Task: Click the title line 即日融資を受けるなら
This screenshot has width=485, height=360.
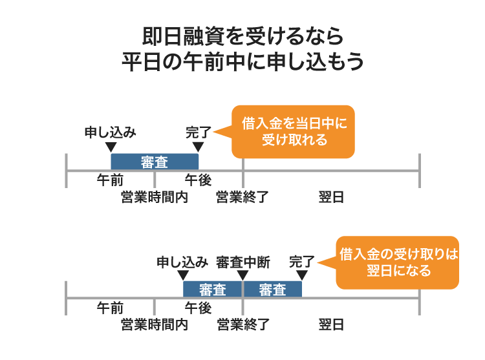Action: click(242, 36)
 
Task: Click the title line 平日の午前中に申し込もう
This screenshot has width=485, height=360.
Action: click(242, 63)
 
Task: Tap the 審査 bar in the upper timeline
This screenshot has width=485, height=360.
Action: click(155, 162)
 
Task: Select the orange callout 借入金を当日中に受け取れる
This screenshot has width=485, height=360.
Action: click(294, 131)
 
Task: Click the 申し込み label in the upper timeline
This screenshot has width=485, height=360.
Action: click(111, 132)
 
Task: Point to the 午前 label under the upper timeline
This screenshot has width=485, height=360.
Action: click(110, 180)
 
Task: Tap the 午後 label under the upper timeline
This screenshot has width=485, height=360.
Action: click(198, 180)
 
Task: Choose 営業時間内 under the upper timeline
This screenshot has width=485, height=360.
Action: click(154, 198)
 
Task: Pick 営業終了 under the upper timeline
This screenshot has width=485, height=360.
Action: click(242, 198)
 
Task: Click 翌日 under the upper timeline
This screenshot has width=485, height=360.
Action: click(331, 198)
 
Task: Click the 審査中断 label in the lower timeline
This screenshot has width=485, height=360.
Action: click(242, 262)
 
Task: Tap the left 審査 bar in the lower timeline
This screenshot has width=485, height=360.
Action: click(213, 290)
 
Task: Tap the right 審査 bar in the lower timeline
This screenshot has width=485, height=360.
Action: click(272, 290)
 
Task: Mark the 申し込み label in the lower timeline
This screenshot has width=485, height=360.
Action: click(182, 262)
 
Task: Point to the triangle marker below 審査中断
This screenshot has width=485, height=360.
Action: click(242, 275)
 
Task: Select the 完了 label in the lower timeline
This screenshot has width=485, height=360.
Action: click(301, 262)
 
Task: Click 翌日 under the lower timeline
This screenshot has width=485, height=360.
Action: click(331, 324)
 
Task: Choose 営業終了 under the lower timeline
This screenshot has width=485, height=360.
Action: click(242, 324)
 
